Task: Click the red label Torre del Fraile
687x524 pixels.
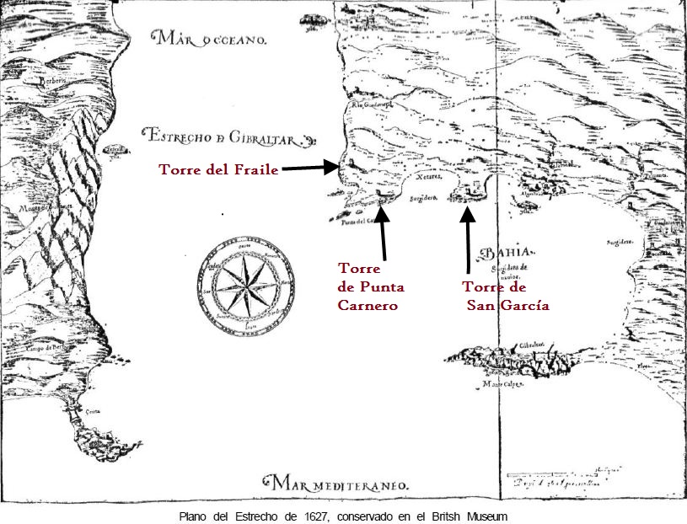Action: click(x=218, y=169)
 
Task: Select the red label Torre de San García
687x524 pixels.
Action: click(x=507, y=296)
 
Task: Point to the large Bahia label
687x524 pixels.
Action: click(x=505, y=254)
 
